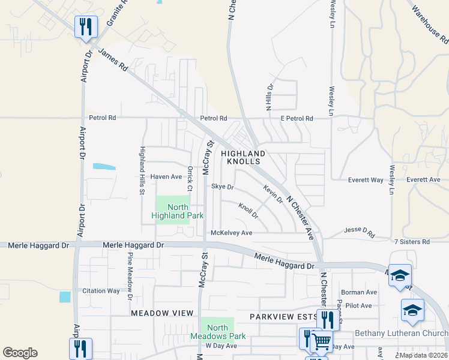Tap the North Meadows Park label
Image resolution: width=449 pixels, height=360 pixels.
coord(218,332)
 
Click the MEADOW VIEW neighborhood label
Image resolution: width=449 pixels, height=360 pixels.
coord(162,313)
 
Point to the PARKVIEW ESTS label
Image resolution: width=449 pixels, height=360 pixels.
coord(283,316)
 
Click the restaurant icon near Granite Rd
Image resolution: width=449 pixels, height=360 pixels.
coord(86,27)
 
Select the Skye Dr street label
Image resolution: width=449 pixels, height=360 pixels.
coord(222,187)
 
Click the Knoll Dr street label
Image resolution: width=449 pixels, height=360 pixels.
coord(248,211)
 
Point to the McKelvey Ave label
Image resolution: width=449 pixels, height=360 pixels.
coord(231,233)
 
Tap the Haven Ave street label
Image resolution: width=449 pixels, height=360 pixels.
coord(166,177)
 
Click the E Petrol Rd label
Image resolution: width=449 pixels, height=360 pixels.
coord(297,119)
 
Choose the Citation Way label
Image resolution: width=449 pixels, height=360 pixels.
coord(101,290)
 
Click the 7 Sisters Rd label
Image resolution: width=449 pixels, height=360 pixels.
coord(412,241)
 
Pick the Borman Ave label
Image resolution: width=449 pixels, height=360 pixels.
coord(363,292)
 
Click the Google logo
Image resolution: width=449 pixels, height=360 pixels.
coord(20,353)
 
